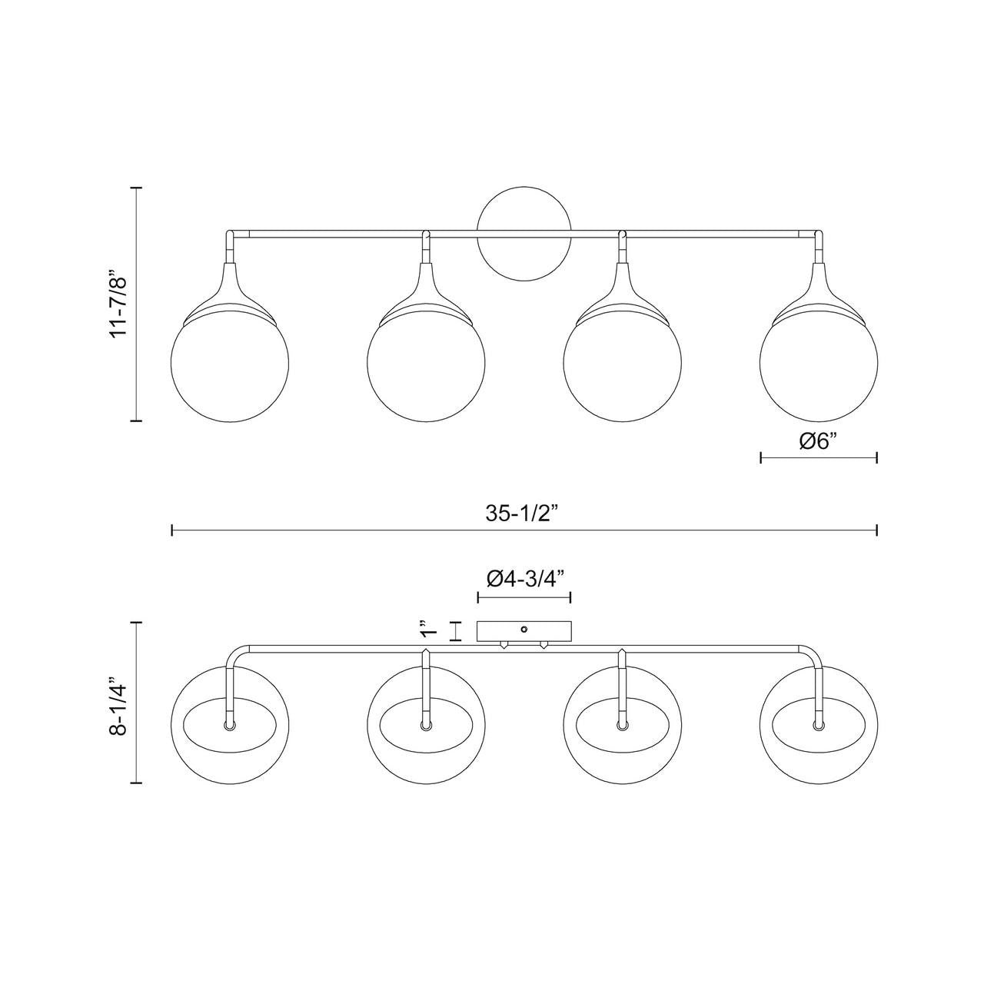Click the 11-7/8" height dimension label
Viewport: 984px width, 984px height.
tap(118, 304)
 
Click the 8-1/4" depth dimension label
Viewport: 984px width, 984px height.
tap(118, 706)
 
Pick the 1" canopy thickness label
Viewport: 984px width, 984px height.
tap(428, 631)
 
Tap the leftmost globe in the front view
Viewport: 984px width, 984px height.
tap(229, 365)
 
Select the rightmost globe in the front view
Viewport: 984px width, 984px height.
tap(819, 365)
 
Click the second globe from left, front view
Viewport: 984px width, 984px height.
tap(426, 365)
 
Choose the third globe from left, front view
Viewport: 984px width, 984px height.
tap(622, 365)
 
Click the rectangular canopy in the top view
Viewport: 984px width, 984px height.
tap(524, 632)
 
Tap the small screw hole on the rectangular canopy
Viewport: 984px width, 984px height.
tap(524, 628)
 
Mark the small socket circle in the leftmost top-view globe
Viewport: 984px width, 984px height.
tap(229, 725)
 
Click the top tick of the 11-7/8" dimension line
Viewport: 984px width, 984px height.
tap(137, 188)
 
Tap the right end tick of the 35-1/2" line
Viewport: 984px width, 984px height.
tap(876, 530)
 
